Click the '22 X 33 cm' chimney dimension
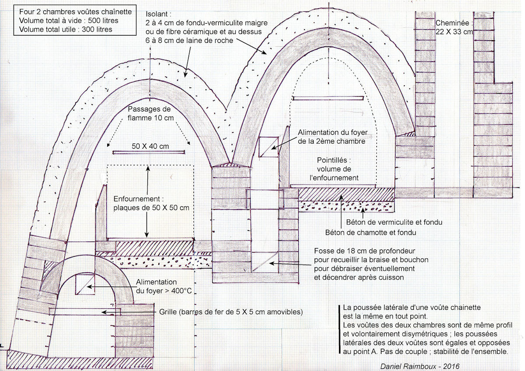pyautogui.click(x=454, y=32)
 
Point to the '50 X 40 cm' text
pyautogui.click(x=150, y=146)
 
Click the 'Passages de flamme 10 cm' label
pyautogui.click(x=150, y=113)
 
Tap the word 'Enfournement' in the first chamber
pyautogui.click(x=136, y=199)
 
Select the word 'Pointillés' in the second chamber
pyautogui.click(x=334, y=160)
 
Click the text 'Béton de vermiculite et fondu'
pyautogui.click(x=394, y=222)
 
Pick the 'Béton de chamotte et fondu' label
pyautogui.click(x=371, y=232)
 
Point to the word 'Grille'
pyautogui.click(x=168, y=312)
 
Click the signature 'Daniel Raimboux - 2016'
pyautogui.click(x=420, y=366)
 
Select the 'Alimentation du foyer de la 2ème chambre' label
pyautogui.click(x=332, y=137)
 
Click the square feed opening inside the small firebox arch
pyautogui.click(x=85, y=284)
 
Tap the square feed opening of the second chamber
pyautogui.click(x=269, y=147)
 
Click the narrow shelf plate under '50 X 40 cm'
pyautogui.click(x=149, y=152)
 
